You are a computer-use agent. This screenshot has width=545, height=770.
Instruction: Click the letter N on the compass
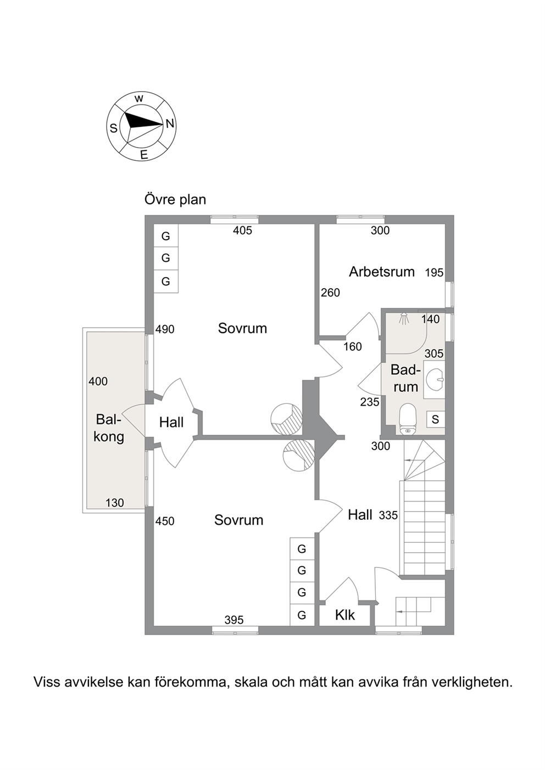(170, 123)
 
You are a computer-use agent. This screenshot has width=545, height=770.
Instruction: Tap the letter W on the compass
(139, 99)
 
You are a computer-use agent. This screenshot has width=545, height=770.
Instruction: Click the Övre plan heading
(175, 200)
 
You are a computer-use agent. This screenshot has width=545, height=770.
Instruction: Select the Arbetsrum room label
(382, 272)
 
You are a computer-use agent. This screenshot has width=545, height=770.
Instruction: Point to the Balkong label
(110, 428)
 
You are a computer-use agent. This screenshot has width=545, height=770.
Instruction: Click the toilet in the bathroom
(408, 419)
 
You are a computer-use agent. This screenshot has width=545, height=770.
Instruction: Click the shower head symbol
(404, 318)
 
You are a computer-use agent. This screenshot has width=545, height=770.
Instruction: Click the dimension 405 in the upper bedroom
(243, 231)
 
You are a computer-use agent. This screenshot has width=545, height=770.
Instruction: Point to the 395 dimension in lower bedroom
(234, 620)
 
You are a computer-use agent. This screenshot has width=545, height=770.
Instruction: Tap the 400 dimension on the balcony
(98, 381)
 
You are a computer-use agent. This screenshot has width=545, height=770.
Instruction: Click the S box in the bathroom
(436, 419)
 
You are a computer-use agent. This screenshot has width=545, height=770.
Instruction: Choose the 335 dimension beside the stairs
(388, 515)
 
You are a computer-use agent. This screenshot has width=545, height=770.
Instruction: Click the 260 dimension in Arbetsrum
(330, 293)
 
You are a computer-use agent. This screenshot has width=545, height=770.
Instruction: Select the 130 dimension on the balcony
(115, 503)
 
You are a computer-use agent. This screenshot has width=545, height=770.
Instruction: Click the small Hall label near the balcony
(171, 423)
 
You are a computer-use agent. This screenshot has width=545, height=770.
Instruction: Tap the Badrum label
(406, 379)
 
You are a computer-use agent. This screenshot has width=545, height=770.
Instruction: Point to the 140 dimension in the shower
(431, 319)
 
